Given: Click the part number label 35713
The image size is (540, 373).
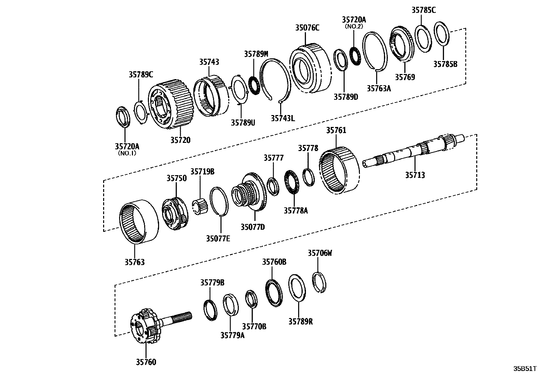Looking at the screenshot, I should point(415,175).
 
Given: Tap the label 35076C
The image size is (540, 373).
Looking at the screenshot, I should point(307,28).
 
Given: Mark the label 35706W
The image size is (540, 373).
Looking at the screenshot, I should point(320,253).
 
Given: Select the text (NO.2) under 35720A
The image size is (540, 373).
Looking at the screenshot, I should point(354,26).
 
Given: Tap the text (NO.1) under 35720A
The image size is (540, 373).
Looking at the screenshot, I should point(127,153).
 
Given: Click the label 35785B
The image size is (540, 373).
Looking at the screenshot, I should point(445,63).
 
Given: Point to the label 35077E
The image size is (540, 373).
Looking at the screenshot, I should point(218,239).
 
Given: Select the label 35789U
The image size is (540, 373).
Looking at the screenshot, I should point(243,123).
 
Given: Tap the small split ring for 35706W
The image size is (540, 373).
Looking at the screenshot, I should point(319,282).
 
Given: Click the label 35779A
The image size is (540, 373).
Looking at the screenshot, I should point(232,335).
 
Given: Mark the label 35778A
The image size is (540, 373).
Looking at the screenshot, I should point(295,211).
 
